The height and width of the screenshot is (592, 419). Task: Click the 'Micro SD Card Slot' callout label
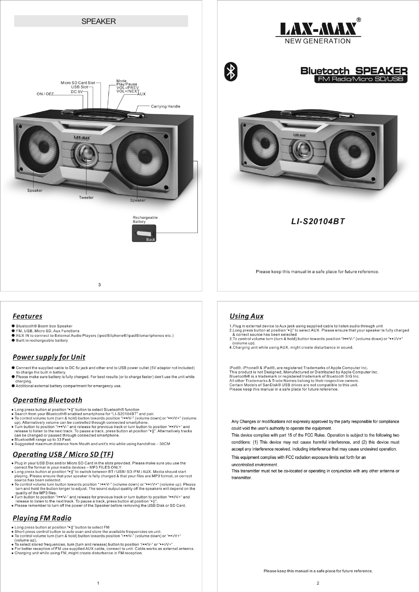[78, 83]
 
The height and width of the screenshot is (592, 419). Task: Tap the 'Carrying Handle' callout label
[166, 106]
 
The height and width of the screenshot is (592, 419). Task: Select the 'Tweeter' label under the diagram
[86, 197]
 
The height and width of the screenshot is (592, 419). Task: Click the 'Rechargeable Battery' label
[145, 219]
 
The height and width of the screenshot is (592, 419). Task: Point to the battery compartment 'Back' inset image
[144, 234]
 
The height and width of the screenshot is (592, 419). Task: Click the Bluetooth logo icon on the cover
[231, 72]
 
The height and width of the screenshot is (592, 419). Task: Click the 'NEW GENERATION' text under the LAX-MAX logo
[318, 41]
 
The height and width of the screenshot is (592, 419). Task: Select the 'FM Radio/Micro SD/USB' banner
[361, 79]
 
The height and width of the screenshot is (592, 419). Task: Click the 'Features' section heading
[28, 316]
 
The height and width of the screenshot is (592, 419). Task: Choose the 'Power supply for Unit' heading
[49, 357]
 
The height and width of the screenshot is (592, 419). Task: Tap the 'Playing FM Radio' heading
[42, 518]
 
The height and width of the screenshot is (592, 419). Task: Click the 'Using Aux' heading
[246, 316]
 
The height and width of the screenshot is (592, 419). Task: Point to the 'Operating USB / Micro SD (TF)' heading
[63, 455]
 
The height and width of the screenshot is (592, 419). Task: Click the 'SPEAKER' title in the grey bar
[99, 21]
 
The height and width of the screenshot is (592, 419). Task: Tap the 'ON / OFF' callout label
[45, 94]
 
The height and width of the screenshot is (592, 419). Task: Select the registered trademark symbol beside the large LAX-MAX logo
[359, 20]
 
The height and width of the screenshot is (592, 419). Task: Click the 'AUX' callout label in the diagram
[142, 94]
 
